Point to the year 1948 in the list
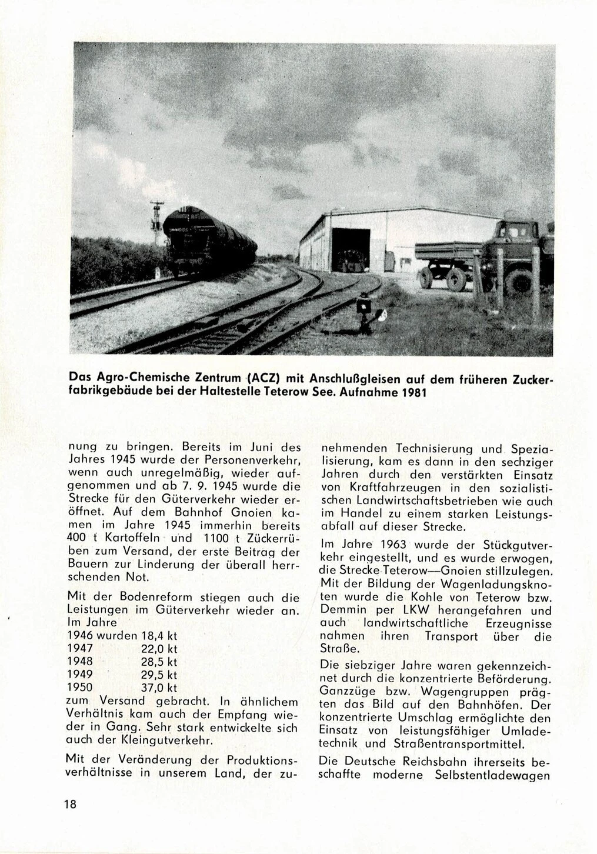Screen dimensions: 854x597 pos(81,661)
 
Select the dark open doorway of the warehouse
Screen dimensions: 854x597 pos(346,249)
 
